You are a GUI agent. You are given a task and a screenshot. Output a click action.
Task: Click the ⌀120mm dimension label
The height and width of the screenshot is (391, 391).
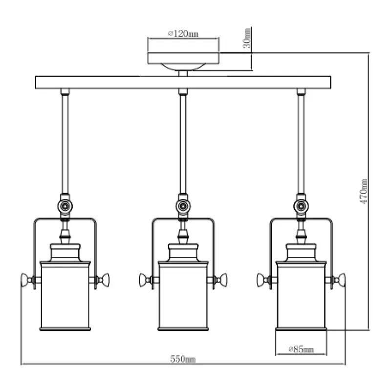pyautogui.click(x=183, y=34)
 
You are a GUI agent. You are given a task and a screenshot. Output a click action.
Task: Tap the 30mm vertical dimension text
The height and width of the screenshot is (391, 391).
pyautogui.click(x=247, y=38)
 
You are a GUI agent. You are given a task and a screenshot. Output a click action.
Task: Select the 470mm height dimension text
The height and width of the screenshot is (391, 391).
pyautogui.click(x=364, y=191)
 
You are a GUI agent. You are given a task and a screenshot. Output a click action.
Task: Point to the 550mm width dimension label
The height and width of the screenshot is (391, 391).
pyautogui.click(x=183, y=359)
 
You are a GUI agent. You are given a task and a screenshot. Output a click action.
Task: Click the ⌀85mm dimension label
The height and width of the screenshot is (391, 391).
pyautogui.click(x=301, y=349)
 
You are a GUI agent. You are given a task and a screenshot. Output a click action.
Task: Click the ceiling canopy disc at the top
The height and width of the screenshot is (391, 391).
pyautogui.click(x=183, y=58)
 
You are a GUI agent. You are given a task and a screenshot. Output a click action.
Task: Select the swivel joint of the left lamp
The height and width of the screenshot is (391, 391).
pyautogui.click(x=65, y=206)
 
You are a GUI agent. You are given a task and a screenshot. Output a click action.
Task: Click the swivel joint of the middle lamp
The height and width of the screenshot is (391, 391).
pyautogui.click(x=183, y=206)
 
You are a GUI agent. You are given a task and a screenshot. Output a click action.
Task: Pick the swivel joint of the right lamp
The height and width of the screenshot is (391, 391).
pyautogui.click(x=301, y=206)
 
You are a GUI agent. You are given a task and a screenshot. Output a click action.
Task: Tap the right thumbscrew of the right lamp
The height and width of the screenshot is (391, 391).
pyautogui.click(x=341, y=280)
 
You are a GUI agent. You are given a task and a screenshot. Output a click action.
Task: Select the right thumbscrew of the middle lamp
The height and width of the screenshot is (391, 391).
pyautogui.click(x=223, y=280)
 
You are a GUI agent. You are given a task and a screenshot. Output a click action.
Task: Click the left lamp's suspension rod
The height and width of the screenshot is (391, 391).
pyautogui.click(x=65, y=142)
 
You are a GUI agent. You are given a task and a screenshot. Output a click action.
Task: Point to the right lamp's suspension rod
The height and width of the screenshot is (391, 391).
pyautogui.click(x=301, y=142)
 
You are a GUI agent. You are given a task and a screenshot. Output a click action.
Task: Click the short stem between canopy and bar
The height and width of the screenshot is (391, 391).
pyautogui.click(x=183, y=73)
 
